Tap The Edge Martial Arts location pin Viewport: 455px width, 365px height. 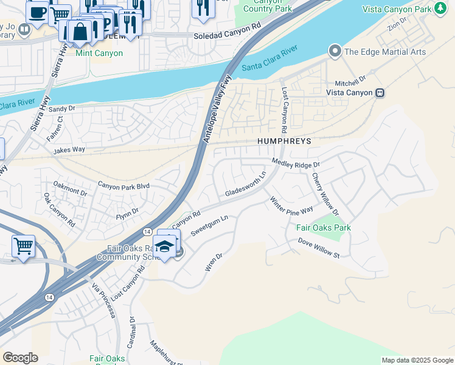pyautogui.click(x=335, y=52)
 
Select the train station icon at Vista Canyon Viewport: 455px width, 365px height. pyautogui.click(x=380, y=92)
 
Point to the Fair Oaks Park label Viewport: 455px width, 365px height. pyautogui.click(x=323, y=228)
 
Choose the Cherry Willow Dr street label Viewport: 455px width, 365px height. pyautogui.click(x=325, y=194)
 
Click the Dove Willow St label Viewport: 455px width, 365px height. pyautogui.click(x=318, y=248)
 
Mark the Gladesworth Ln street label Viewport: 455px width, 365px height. pyautogui.click(x=246, y=184)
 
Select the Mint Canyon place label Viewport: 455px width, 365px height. pyautogui.click(x=99, y=53)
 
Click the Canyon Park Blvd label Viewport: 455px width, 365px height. pyautogui.click(x=123, y=186)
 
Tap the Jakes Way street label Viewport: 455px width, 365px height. pyautogui.click(x=69, y=150)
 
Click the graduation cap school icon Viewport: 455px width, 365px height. pyautogui.click(x=164, y=246)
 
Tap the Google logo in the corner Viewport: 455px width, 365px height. pyautogui.click(x=20, y=358)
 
